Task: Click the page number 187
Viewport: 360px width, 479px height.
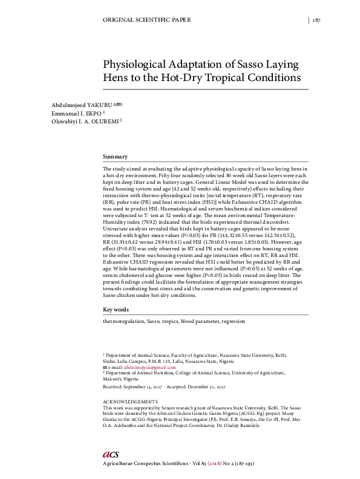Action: click(x=316, y=20)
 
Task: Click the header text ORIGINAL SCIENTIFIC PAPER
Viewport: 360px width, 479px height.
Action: click(x=148, y=20)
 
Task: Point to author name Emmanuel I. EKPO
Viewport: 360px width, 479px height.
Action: click(x=76, y=112)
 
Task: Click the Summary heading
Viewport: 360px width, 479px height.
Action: click(x=115, y=157)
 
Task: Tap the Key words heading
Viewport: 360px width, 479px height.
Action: click(x=116, y=310)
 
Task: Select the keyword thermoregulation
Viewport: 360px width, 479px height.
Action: click(x=124, y=322)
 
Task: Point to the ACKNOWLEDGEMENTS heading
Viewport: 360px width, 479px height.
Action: click(x=131, y=402)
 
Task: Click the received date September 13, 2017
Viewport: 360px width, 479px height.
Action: click(x=147, y=385)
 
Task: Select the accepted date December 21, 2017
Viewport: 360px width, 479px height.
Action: click(x=206, y=385)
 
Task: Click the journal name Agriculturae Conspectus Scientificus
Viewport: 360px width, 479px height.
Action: click(x=149, y=463)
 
